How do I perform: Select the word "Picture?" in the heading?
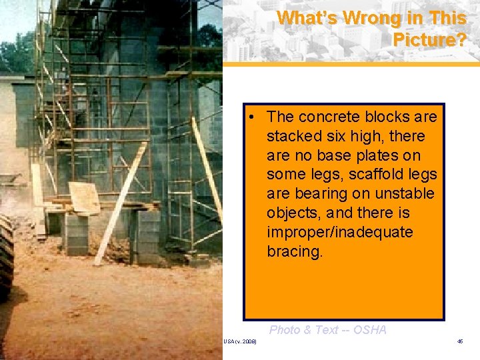(429, 40)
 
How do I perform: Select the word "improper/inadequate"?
(339, 233)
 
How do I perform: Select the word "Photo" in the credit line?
(285, 329)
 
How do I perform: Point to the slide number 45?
(460, 341)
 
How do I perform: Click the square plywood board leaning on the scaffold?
(84, 197)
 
